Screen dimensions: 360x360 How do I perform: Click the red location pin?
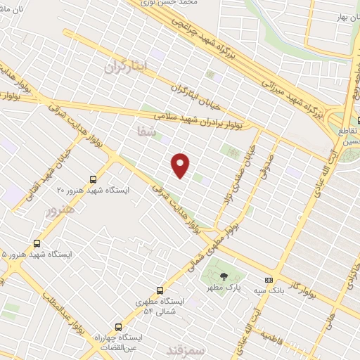[181, 165]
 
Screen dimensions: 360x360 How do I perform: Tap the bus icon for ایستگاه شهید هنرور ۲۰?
[94, 179]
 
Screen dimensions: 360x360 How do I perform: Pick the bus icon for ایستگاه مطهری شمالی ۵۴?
[160, 290]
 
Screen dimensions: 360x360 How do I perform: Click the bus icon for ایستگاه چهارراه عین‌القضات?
[118, 327]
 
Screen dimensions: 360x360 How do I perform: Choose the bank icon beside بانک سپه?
[268, 279]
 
